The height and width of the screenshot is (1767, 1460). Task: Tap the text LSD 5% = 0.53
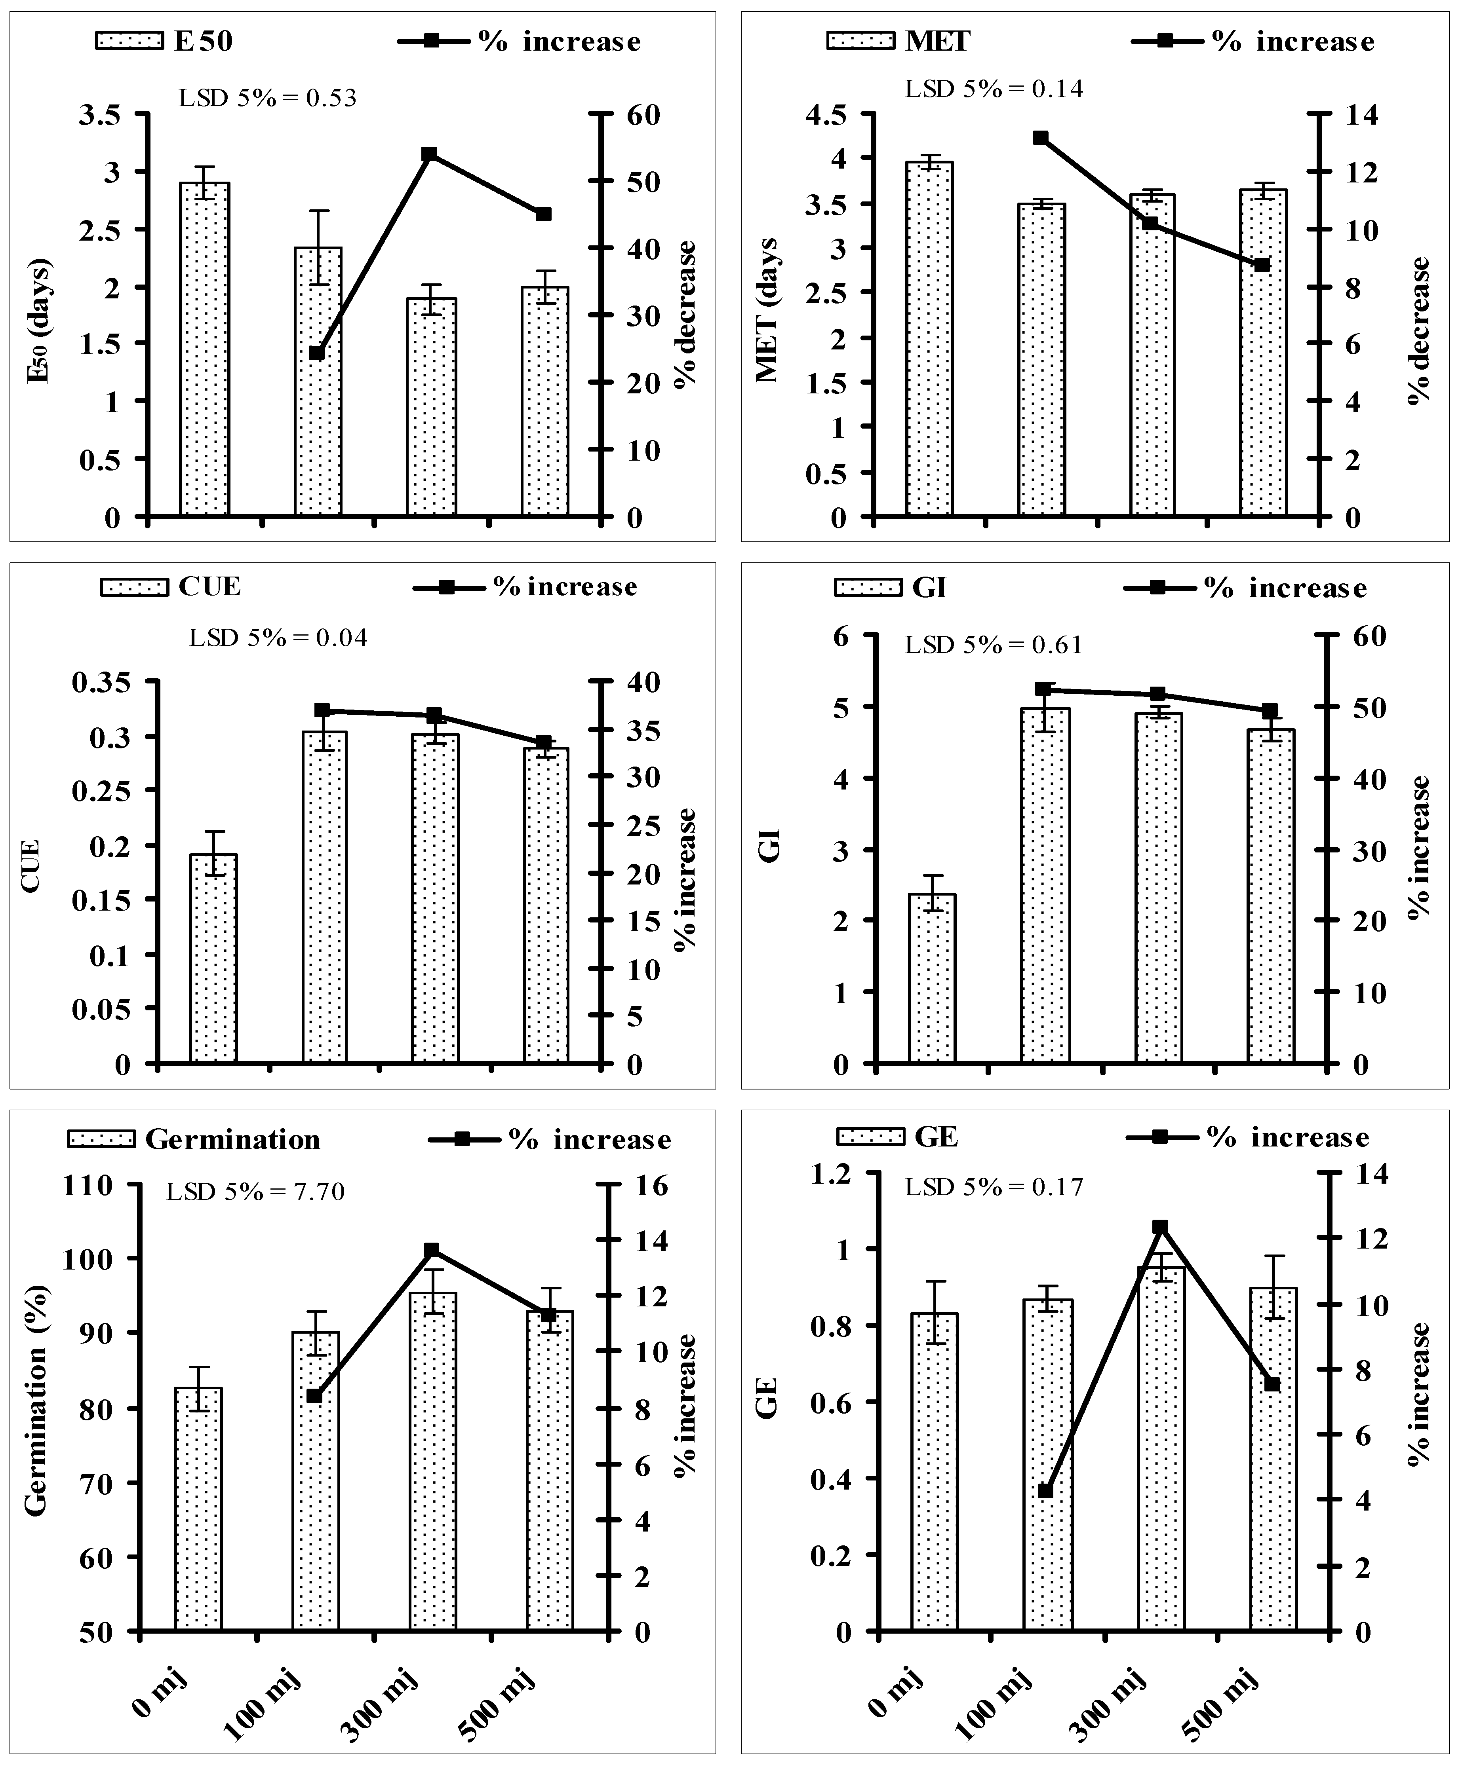click(x=267, y=99)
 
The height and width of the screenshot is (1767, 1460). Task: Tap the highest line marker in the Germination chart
click(x=432, y=1250)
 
